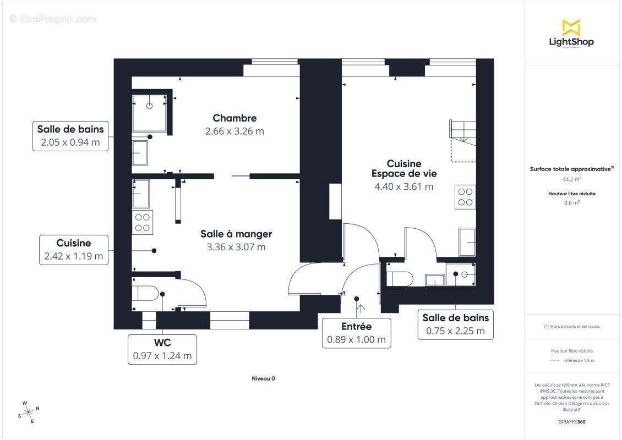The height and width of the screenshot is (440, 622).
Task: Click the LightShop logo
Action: [x=571, y=34]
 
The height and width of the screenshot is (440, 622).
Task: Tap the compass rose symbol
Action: [x=29, y=411]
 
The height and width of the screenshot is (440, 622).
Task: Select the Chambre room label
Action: [x=234, y=118]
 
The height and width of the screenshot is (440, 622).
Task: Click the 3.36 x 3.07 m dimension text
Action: [x=236, y=247]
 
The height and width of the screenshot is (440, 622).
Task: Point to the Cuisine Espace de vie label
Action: [x=403, y=168]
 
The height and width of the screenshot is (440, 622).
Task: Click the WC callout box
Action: [x=162, y=349]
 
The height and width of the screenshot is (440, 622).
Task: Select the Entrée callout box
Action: [x=356, y=333]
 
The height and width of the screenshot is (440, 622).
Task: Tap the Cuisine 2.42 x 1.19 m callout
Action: [x=74, y=249]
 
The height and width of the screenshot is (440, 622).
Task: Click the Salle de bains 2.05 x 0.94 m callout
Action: [x=70, y=136]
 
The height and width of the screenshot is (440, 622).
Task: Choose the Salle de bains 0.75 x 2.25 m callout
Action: [x=455, y=324]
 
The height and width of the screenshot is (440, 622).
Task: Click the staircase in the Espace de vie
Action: [x=462, y=140]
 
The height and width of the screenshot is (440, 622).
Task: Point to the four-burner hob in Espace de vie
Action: [x=466, y=197]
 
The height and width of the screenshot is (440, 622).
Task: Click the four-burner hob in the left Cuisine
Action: [x=143, y=222]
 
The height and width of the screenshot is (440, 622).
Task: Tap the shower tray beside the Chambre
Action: [x=149, y=114]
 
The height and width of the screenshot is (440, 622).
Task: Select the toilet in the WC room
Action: [x=145, y=293]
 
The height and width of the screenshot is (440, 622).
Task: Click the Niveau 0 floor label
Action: [x=263, y=378]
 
